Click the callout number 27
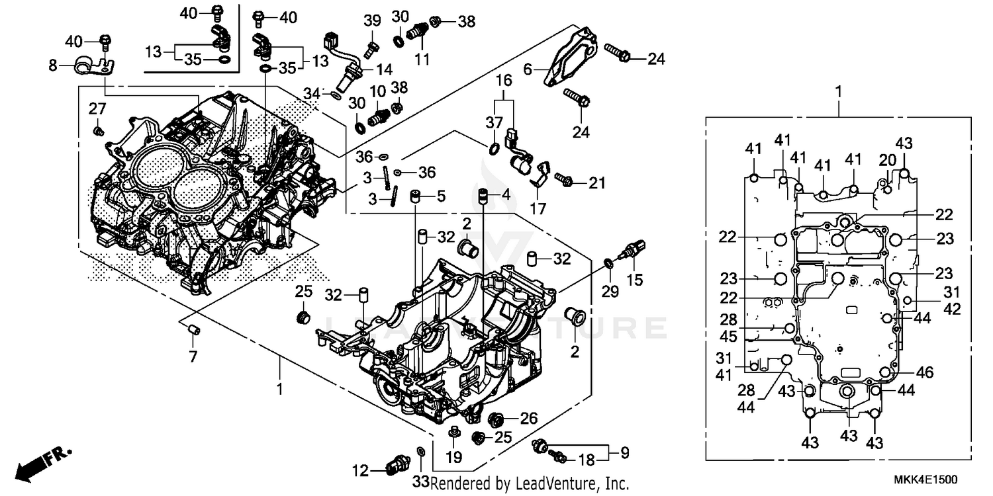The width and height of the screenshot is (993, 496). coord(97,108)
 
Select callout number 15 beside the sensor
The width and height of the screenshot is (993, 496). coord(634,280)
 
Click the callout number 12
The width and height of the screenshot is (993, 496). coord(360,471)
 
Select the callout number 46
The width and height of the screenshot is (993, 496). coord(925,373)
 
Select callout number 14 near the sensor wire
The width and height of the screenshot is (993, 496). coord(384,69)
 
